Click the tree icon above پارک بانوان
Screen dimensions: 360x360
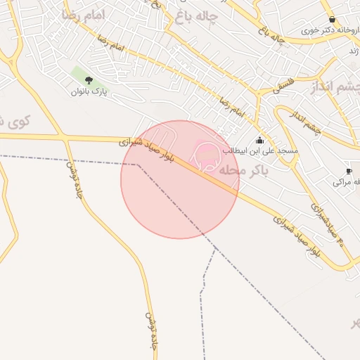(89, 80)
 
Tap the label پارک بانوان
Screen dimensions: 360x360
(89, 91)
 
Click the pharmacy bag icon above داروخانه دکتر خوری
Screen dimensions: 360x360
(332, 20)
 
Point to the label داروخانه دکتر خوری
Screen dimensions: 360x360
(326, 31)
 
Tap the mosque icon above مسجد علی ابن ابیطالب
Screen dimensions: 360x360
(260, 140)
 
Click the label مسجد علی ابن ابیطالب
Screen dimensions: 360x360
(261, 150)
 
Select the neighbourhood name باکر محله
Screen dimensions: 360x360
(243, 169)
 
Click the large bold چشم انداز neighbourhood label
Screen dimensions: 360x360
(334, 87)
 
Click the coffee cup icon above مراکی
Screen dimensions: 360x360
(349, 172)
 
